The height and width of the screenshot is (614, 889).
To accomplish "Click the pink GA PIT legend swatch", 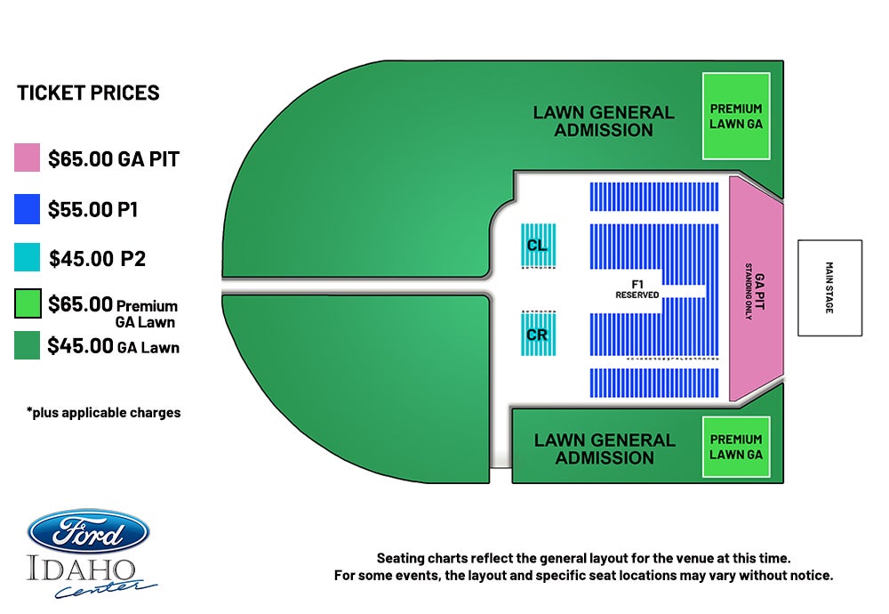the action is pos(28,158).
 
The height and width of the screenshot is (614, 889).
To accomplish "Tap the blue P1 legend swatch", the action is pos(28,209).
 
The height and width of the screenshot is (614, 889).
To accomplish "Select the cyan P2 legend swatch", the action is pos(28,257).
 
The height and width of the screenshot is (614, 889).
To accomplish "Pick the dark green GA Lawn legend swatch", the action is pos(28,345).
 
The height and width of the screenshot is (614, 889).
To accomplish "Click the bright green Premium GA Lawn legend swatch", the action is pos(28,303).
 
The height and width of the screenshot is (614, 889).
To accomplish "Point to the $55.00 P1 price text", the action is pos(93,209).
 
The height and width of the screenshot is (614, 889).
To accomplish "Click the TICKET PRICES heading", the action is pos(88,93).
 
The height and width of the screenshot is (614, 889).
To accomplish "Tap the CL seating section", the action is pos(538,245).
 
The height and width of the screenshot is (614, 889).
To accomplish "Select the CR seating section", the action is pos(538,335).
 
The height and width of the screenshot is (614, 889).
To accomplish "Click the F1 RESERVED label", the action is pos(637,289).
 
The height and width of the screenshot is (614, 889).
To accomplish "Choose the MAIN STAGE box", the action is pos(830,287).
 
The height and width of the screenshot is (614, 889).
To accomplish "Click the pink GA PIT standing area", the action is pos(757,288).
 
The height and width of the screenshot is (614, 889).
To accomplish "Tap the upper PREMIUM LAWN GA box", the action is pos(736,116).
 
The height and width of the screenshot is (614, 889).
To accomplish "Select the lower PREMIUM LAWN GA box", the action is pos(736,448).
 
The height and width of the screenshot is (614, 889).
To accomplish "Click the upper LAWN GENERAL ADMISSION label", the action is pos(604,121).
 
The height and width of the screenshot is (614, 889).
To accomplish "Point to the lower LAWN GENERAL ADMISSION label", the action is pos(605,448).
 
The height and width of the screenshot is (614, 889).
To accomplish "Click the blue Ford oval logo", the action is pos(88,532).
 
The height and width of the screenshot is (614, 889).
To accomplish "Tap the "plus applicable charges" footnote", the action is pos(104,413).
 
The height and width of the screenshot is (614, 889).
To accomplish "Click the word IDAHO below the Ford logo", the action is pos(82,570).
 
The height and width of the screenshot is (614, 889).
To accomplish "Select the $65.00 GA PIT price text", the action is pos(114,159).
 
